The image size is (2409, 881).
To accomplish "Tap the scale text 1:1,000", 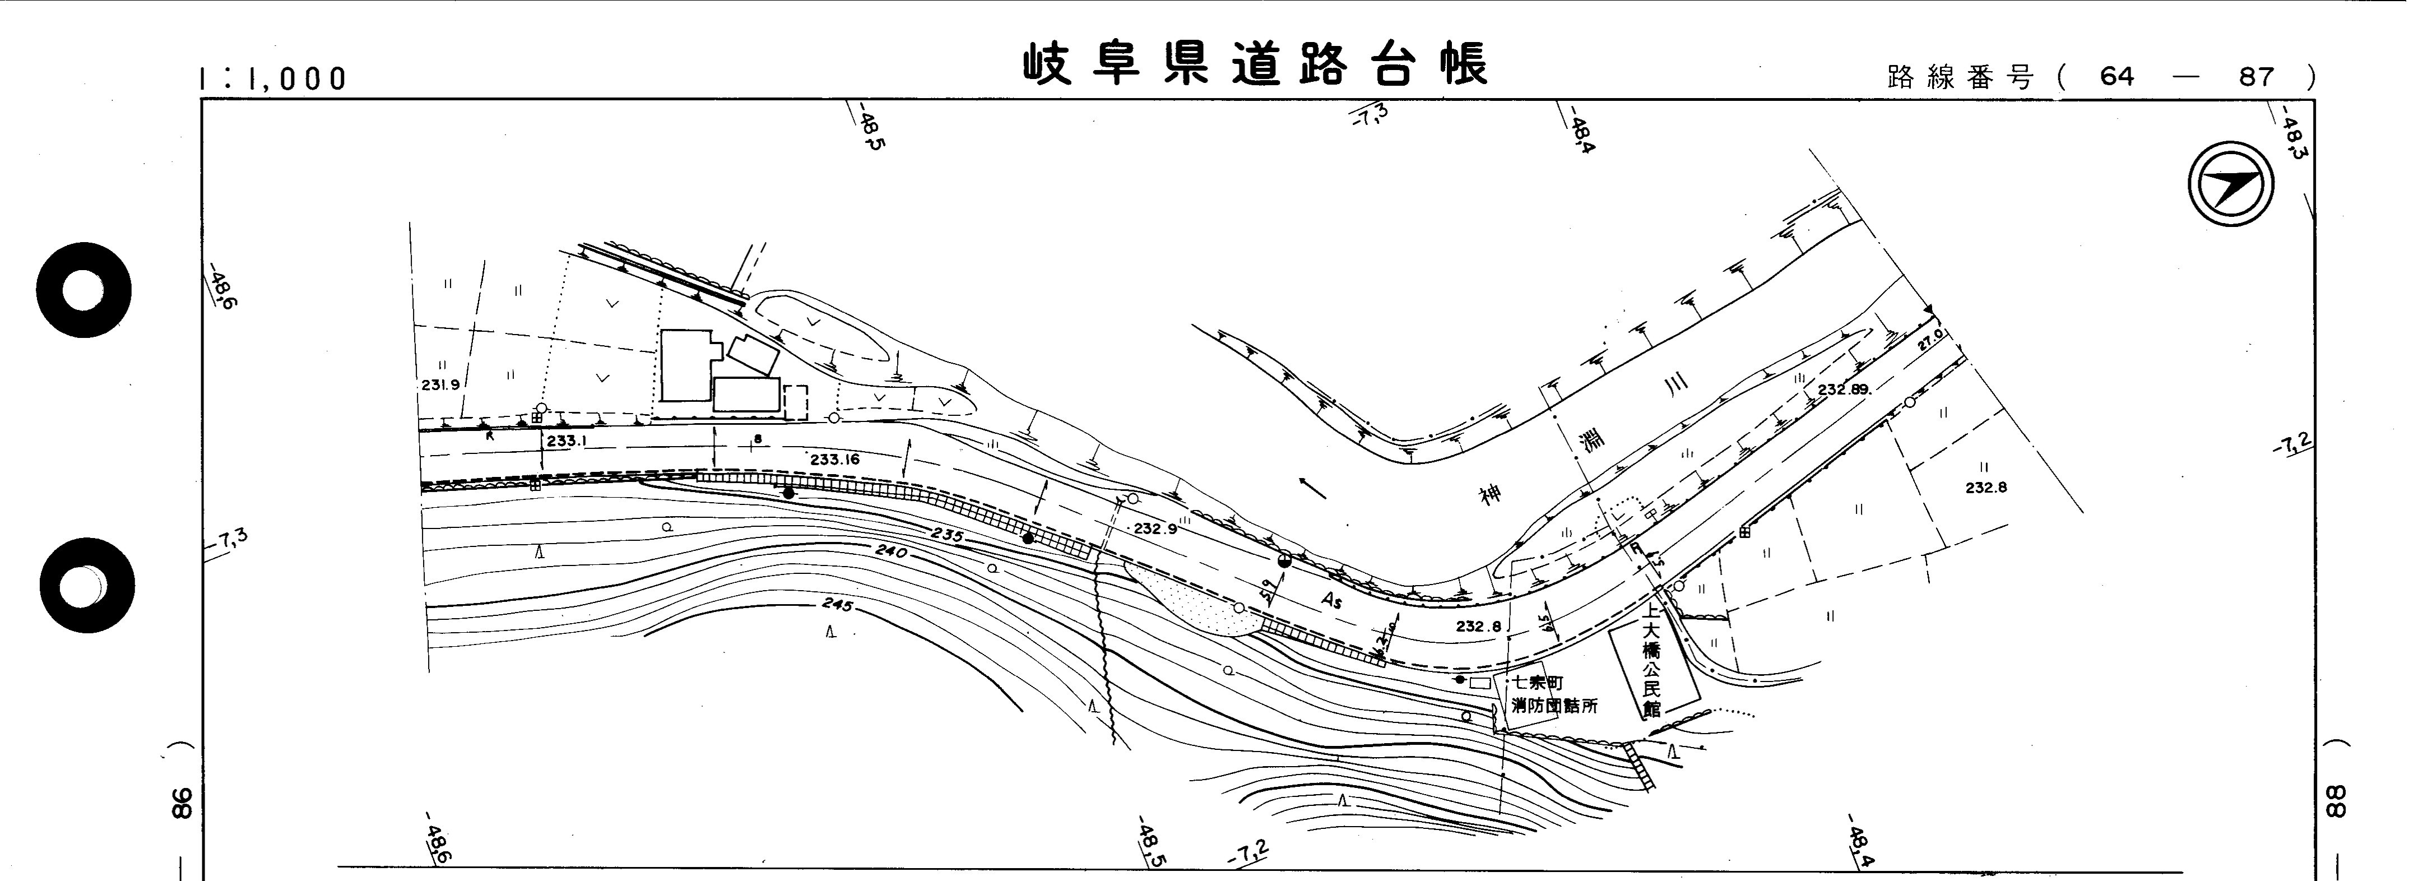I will pos(273,78).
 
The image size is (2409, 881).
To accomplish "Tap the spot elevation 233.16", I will pos(834,459).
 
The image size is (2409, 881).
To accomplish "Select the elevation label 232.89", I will pos(1843,389).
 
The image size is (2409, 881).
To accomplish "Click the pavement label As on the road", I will pos(1331,600).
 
